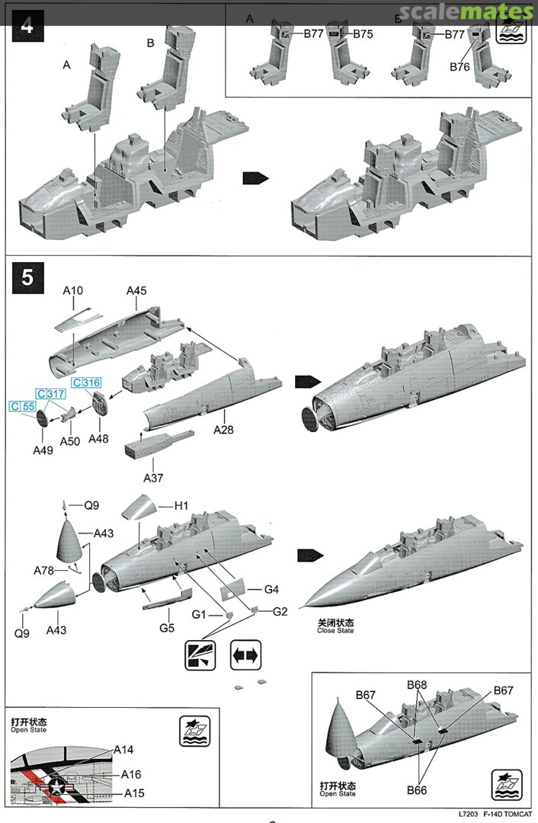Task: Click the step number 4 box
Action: [x=27, y=24]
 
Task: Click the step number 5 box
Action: [x=27, y=277]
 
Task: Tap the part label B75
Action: [x=362, y=34]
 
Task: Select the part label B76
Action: [x=460, y=67]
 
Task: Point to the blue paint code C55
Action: [x=22, y=407]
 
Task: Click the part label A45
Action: [x=136, y=290]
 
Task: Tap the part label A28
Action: [x=223, y=430]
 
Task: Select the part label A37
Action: [x=154, y=477]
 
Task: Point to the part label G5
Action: [x=167, y=629]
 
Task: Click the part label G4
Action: [x=272, y=589]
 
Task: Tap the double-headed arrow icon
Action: [x=246, y=654]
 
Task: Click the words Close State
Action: [x=335, y=631]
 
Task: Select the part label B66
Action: [x=416, y=790]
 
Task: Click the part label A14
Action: [x=123, y=750]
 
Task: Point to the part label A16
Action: [x=132, y=773]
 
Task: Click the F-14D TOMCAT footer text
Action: [x=508, y=812]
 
